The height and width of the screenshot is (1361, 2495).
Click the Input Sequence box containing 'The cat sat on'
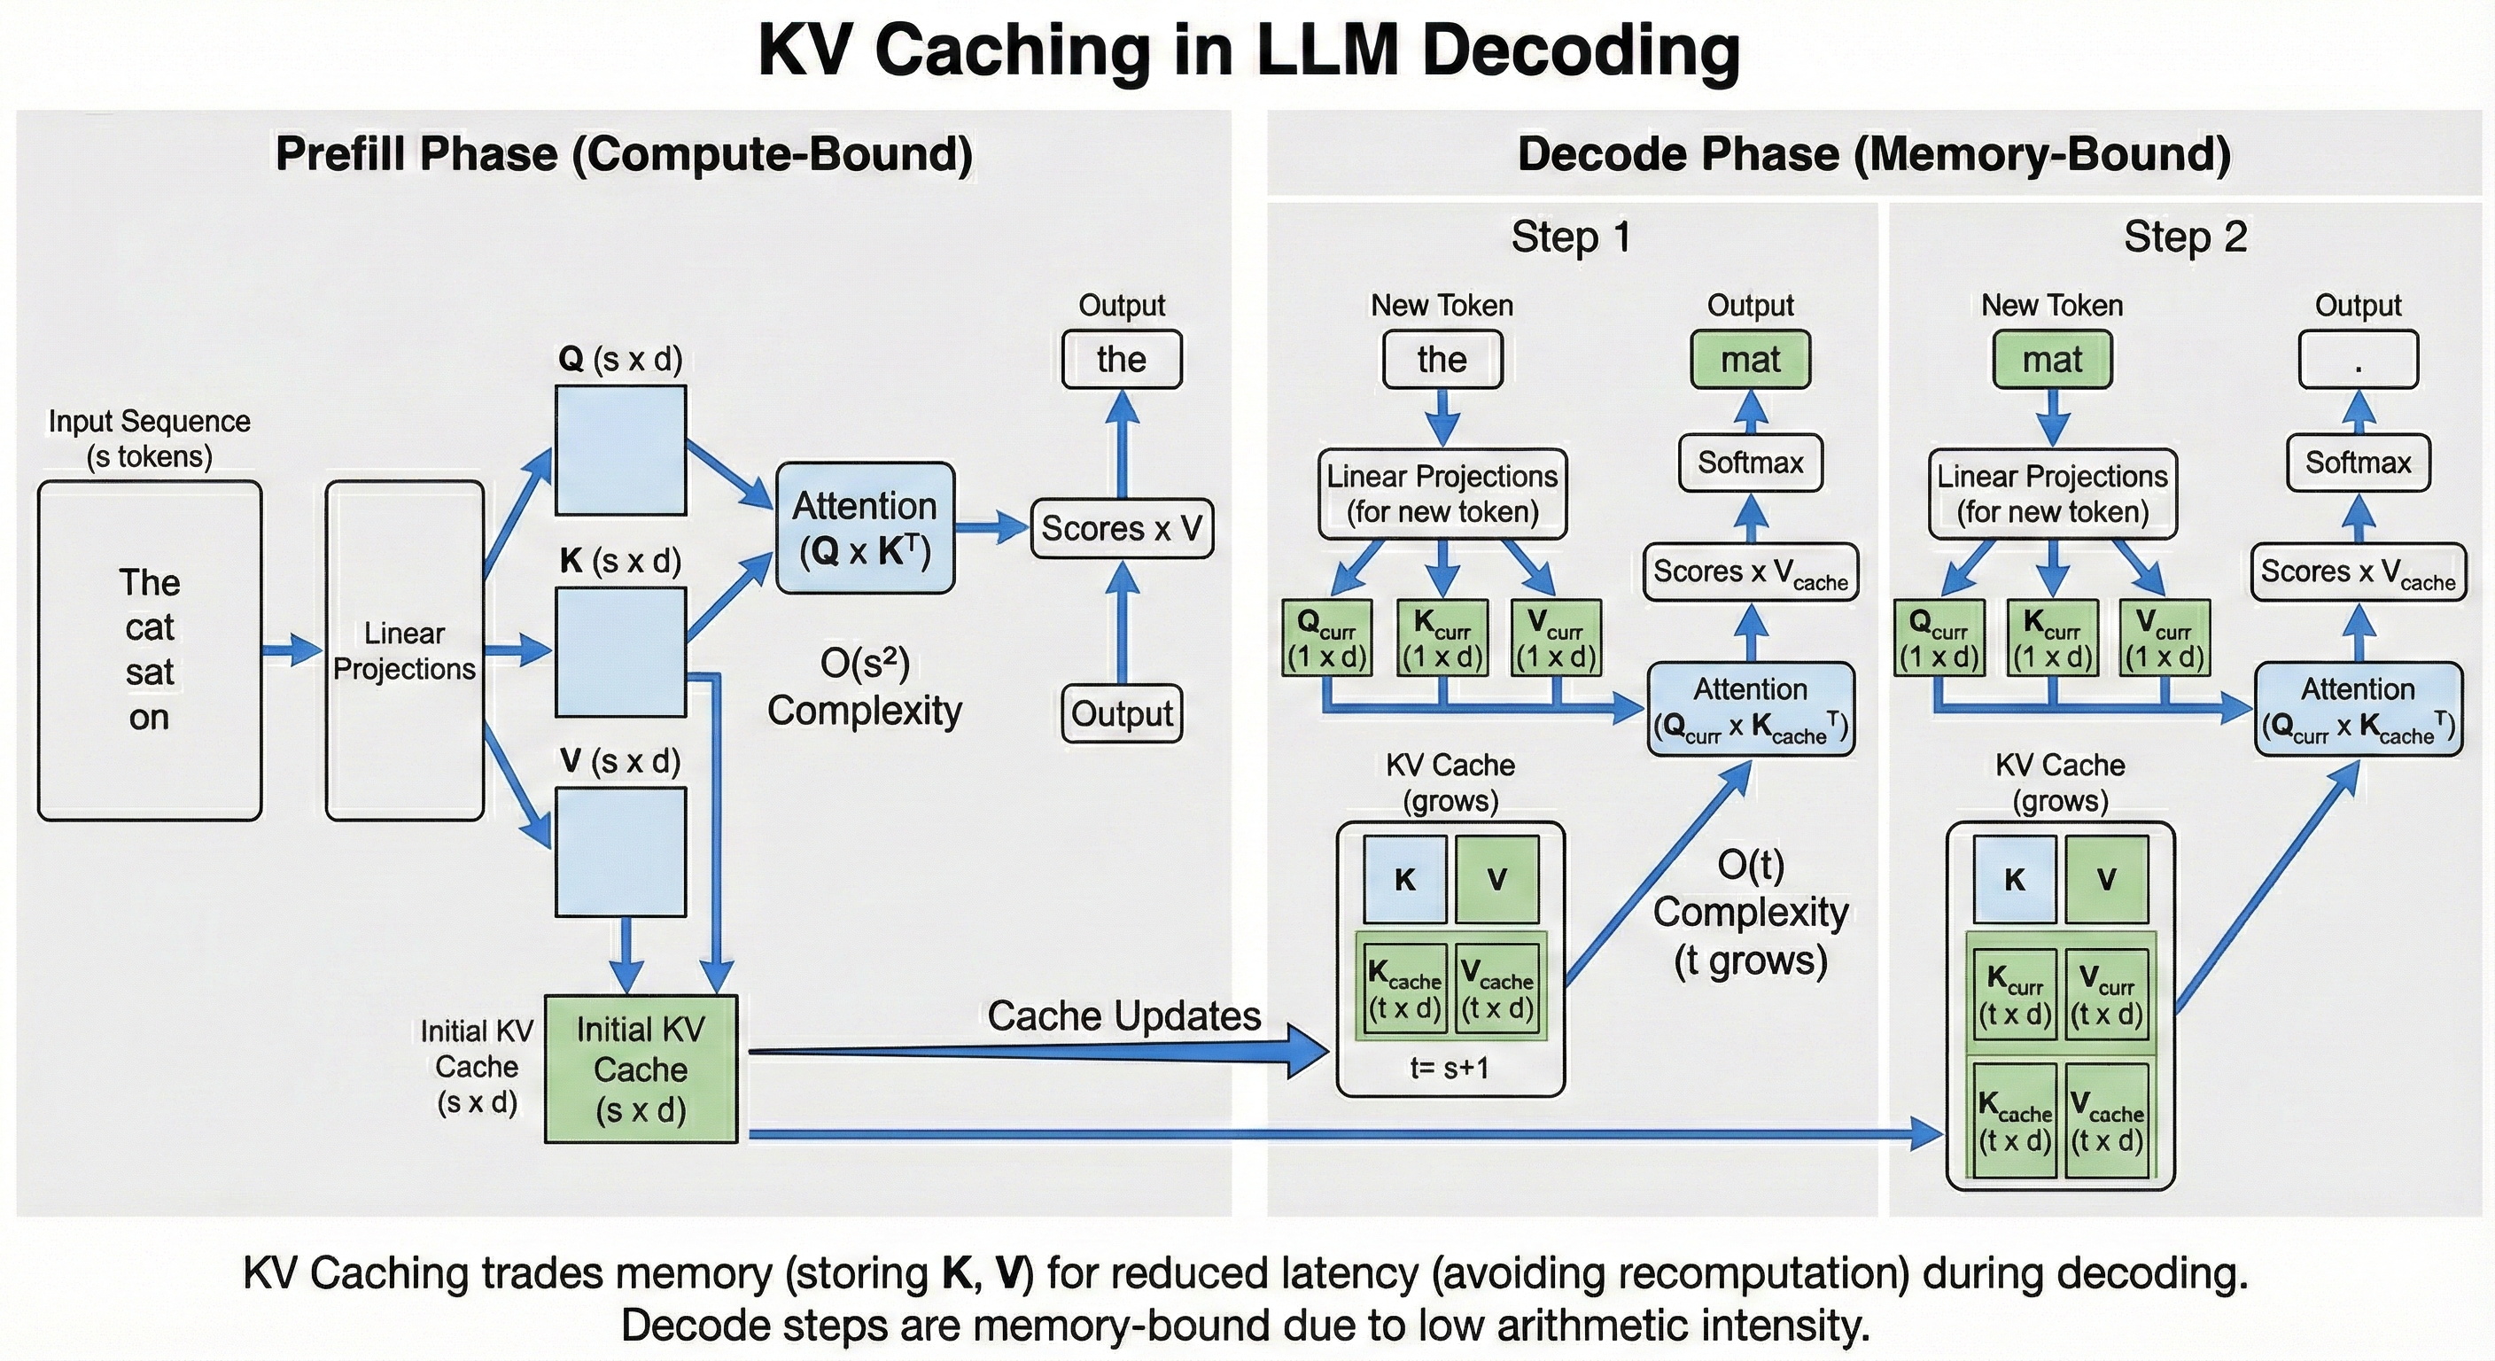pos(149,650)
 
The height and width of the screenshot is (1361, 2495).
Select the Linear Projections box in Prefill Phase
pos(404,650)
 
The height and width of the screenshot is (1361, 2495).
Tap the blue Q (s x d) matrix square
pos(620,450)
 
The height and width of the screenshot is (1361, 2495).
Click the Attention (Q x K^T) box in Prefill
pos(865,528)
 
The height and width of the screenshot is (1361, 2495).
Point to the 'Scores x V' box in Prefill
pos(1122,529)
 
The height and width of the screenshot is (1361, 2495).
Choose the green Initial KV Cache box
pos(641,1069)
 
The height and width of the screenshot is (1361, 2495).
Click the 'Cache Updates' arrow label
pos(1123,1016)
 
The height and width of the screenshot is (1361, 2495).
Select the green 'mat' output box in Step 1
pos(1750,360)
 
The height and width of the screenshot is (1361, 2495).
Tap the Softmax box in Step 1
pos(1750,463)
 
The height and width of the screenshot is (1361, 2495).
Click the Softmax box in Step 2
pos(2358,463)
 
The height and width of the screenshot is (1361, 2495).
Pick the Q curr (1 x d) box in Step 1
pos(1326,638)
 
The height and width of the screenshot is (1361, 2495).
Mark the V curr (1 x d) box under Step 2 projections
pos(2165,638)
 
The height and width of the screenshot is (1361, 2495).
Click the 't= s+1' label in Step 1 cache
pos(1449,1069)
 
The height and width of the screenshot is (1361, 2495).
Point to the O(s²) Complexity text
pos(864,687)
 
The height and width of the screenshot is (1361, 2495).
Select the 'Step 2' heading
pos(2185,237)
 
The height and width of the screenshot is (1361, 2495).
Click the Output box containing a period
pos(2358,360)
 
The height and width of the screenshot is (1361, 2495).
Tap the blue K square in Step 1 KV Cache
pos(1404,880)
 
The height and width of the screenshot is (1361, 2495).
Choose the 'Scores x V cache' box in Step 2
pos(2358,572)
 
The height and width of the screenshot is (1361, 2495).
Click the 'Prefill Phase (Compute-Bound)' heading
pos(624,155)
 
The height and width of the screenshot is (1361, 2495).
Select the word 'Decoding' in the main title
pos(1581,51)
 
